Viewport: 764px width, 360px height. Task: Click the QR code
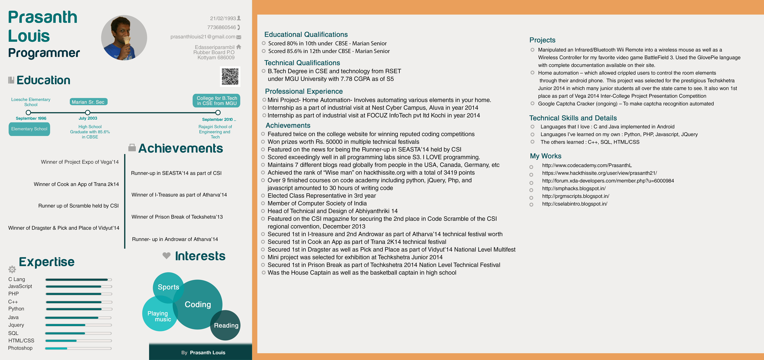[230, 77]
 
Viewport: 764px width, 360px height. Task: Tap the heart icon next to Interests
[166, 255]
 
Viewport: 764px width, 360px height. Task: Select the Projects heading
[542, 40]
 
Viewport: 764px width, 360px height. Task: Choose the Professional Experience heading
[304, 91]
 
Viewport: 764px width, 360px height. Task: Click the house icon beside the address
[239, 47]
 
